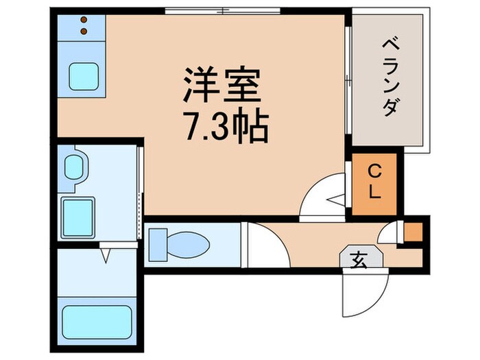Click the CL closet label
[374, 181]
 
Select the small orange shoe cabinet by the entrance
[413, 232]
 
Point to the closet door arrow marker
[333, 201]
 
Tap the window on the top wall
[224, 10]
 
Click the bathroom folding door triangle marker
[106, 256]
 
